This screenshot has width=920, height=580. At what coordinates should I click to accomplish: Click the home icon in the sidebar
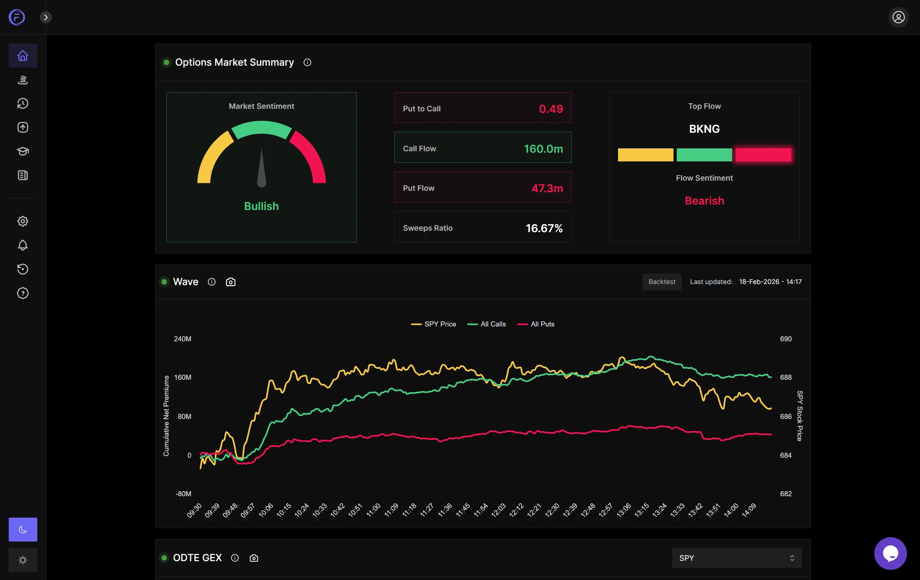[x=23, y=56]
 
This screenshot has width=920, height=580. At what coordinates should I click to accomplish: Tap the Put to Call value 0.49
[x=551, y=108]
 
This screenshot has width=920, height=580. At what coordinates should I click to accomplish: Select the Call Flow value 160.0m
[x=543, y=148]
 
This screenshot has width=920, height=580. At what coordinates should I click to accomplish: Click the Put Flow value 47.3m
[x=547, y=188]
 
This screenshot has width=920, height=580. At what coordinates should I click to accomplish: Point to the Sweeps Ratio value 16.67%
[x=544, y=228]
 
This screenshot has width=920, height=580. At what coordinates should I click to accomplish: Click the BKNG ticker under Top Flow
[x=704, y=129]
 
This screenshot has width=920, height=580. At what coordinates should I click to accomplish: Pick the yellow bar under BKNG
[x=645, y=155]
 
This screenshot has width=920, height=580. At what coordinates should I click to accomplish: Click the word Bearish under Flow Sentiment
[x=704, y=201]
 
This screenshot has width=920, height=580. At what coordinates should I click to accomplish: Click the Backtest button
[x=661, y=282]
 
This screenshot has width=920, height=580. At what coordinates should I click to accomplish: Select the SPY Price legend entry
[x=434, y=324]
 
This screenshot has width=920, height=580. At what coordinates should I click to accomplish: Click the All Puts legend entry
[x=536, y=324]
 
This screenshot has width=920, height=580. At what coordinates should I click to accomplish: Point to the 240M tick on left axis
[x=183, y=339]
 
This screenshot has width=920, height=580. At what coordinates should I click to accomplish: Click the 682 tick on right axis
[x=786, y=494]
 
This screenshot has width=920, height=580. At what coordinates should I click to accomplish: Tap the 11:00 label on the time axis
[x=373, y=510]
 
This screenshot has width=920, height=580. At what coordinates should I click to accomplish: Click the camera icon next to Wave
[x=231, y=282]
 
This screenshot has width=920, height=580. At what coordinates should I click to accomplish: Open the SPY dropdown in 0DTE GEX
[x=736, y=558]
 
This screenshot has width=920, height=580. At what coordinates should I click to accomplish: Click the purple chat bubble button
[x=890, y=553]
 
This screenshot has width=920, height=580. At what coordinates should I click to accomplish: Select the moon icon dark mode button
[x=23, y=530]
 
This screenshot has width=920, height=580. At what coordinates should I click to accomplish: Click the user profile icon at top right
[x=898, y=17]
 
